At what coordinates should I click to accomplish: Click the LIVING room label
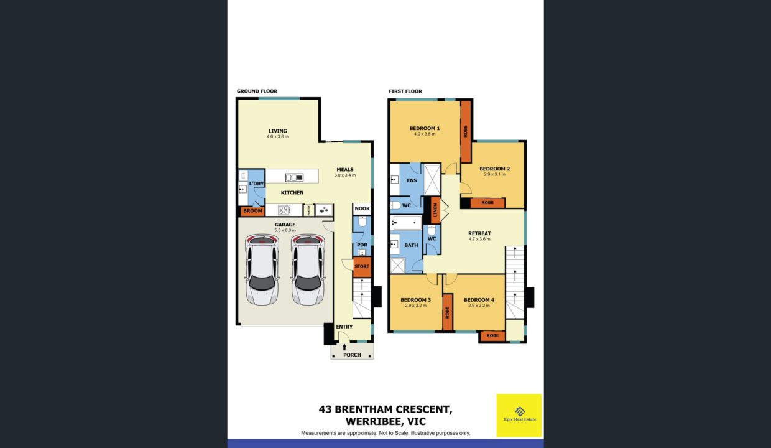click(x=277, y=131)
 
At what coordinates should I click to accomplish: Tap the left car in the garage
click(x=262, y=269)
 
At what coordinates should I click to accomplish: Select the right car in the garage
click(x=308, y=269)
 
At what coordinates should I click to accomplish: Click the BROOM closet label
click(x=252, y=211)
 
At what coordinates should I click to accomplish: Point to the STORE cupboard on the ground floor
click(x=361, y=266)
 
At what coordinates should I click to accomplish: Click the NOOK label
click(x=362, y=208)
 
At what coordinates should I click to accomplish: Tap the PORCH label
click(x=352, y=355)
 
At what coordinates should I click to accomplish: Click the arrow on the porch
click(x=344, y=347)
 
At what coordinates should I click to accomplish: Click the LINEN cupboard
click(x=435, y=210)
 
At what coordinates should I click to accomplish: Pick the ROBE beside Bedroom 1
click(x=465, y=131)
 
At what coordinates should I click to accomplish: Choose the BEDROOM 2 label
click(x=494, y=169)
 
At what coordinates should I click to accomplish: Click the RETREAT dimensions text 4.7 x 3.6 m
click(x=479, y=239)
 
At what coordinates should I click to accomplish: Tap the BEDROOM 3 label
click(x=415, y=300)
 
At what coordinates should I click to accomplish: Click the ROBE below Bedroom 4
click(x=492, y=336)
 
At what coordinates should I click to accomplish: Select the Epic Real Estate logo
click(x=519, y=414)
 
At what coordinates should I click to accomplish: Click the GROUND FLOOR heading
click(x=257, y=91)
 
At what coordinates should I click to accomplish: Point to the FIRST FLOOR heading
click(x=405, y=91)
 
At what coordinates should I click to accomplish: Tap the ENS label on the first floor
click(x=411, y=180)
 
